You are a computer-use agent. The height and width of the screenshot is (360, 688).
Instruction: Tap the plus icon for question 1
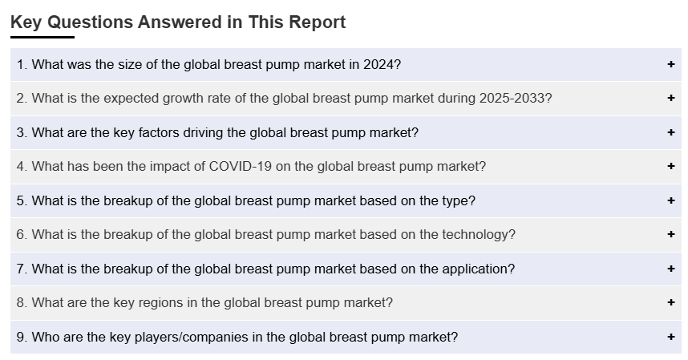(671, 64)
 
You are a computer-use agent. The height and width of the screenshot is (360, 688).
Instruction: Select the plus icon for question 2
(671, 98)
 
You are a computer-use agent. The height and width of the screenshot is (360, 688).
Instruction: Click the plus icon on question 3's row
(671, 132)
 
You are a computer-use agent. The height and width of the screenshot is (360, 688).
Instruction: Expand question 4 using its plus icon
(671, 166)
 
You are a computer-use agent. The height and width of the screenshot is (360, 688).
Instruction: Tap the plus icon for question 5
(671, 200)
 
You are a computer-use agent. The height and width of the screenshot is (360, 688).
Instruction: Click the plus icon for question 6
(671, 234)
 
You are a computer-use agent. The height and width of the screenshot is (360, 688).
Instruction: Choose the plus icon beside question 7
(671, 269)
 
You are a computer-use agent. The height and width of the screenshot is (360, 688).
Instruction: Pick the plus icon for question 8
(671, 302)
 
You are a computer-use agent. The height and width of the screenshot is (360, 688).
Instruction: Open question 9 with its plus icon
(671, 336)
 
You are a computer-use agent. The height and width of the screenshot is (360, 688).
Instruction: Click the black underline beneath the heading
(42, 37)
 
